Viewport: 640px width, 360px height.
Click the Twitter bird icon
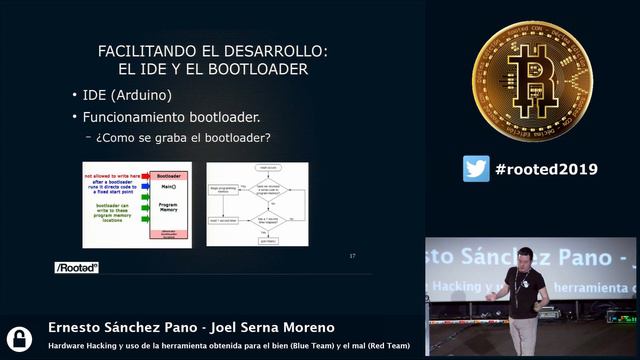point(476,169)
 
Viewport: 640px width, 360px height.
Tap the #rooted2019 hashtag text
point(546,169)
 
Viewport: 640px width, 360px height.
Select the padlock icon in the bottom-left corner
point(19,337)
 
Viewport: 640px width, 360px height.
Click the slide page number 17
point(352,256)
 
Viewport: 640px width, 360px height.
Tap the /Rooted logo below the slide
point(76,268)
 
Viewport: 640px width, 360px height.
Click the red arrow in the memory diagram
point(144,174)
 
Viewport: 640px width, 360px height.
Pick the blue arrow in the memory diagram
point(144,188)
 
